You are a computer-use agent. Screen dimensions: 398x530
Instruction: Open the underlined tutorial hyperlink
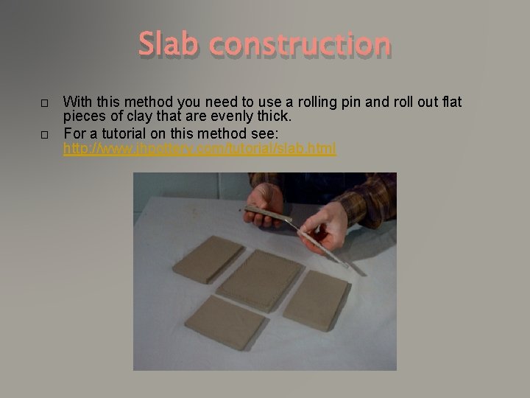[x=199, y=149]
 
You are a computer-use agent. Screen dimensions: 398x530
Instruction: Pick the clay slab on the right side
[x=315, y=298]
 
